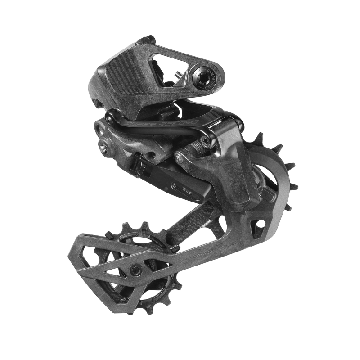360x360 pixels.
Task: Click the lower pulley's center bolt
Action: point(135,270)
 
